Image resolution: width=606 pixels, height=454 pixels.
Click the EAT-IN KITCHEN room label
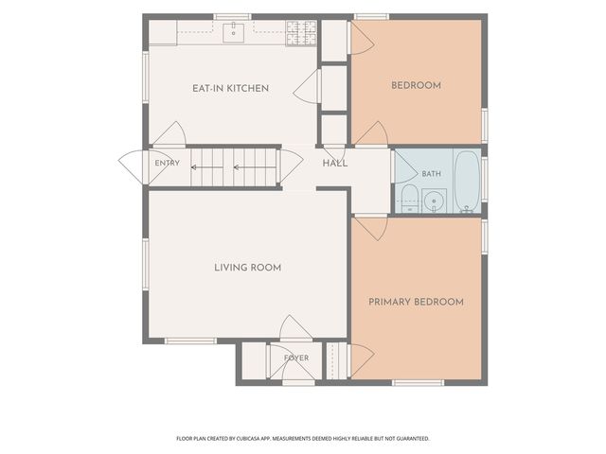tap(230, 88)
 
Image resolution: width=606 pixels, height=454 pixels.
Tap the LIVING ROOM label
tap(248, 268)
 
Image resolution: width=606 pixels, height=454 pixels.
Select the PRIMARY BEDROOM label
tap(416, 302)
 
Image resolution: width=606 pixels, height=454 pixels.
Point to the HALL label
tap(335, 164)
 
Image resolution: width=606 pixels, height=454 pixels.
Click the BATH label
tap(432, 174)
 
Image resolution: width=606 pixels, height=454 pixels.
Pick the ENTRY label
tap(167, 163)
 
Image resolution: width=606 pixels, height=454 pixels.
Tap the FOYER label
tap(296, 358)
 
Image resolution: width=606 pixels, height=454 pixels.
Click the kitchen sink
tap(234, 33)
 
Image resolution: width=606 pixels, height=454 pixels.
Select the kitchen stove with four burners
tap(301, 33)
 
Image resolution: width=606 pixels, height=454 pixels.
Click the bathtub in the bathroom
tap(467, 182)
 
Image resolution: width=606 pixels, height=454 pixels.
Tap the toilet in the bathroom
tap(409, 199)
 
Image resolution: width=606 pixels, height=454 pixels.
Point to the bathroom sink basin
tap(434, 201)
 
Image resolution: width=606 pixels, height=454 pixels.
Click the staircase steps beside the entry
tap(234, 168)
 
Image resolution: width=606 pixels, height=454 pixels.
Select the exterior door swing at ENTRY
tap(132, 167)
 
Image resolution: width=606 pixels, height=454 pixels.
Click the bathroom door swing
tap(405, 167)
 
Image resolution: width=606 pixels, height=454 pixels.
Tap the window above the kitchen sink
tap(232, 17)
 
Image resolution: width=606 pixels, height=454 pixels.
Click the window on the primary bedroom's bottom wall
tap(418, 382)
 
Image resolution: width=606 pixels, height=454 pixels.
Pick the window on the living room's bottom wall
tap(190, 340)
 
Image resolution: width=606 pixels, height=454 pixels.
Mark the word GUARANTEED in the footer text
tap(415, 439)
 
